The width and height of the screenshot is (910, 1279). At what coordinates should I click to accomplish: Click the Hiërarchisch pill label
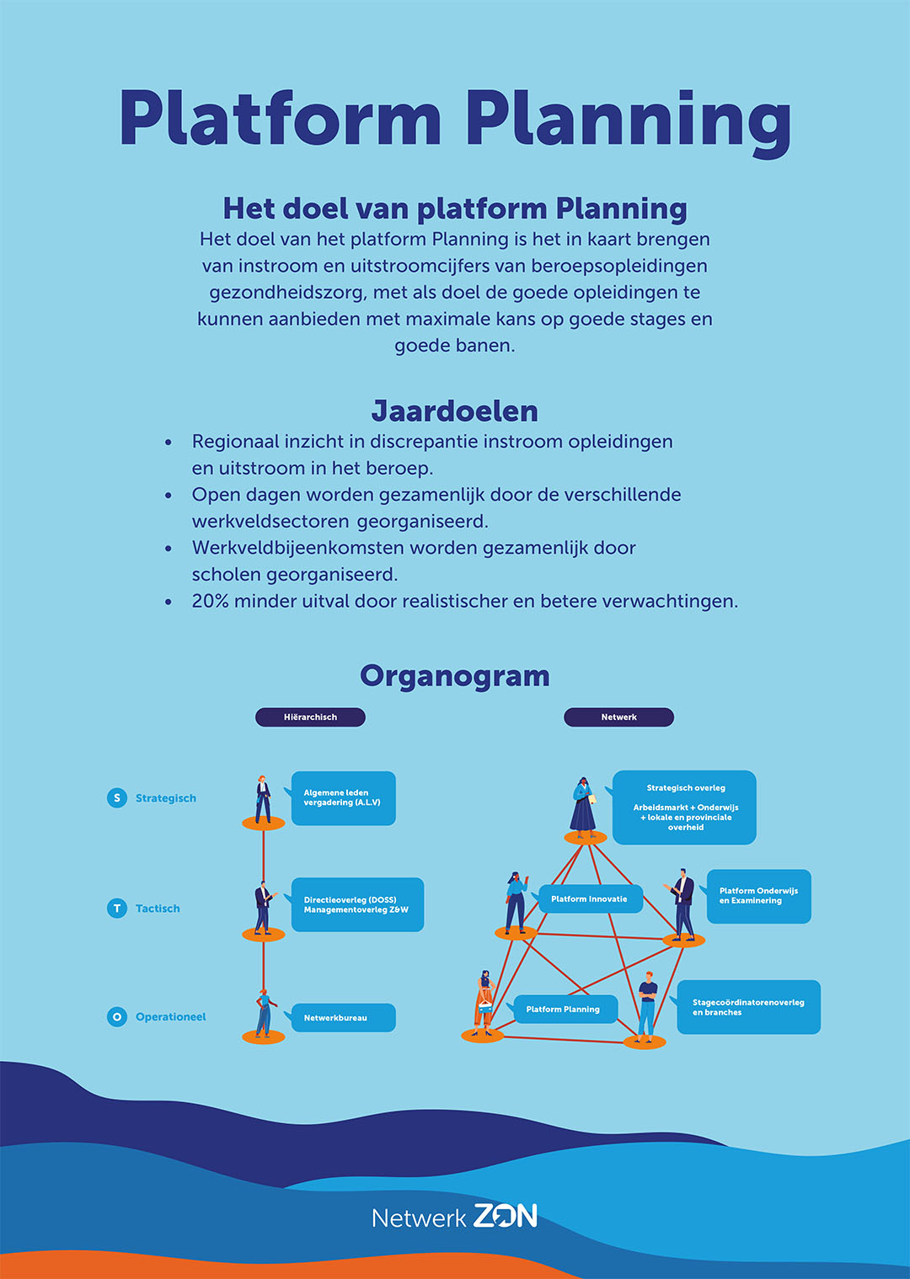tap(310, 717)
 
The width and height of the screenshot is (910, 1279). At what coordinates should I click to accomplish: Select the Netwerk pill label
tap(618, 717)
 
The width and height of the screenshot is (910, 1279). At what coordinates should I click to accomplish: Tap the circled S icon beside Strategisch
tap(117, 797)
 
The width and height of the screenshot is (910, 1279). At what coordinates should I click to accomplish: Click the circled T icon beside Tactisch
tap(117, 909)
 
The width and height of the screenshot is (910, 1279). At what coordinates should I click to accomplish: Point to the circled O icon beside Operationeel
tap(117, 1017)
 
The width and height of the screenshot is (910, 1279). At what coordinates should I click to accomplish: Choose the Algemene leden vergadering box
tap(343, 798)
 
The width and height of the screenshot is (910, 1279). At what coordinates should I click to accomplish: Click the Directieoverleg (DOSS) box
tap(356, 905)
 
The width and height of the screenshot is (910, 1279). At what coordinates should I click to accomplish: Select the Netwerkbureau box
tap(343, 1018)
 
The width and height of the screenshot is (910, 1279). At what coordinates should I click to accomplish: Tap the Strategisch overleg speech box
tap(684, 807)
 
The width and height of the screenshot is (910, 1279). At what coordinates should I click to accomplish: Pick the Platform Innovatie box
tap(590, 899)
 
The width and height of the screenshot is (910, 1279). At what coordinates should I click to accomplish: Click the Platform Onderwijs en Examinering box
tap(758, 896)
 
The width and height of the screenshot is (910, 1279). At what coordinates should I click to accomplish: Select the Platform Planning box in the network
tap(565, 1009)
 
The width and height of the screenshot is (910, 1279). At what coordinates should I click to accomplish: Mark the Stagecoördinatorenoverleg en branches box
tap(748, 1007)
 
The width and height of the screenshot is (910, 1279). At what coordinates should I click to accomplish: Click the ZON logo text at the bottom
tap(505, 1216)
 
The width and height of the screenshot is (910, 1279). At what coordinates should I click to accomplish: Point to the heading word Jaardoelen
tap(455, 411)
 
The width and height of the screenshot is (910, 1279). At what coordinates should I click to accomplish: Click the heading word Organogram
tap(455, 676)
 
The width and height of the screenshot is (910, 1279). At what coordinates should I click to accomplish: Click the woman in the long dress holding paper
tap(583, 807)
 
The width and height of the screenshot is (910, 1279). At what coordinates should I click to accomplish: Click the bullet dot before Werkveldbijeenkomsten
tap(169, 548)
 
